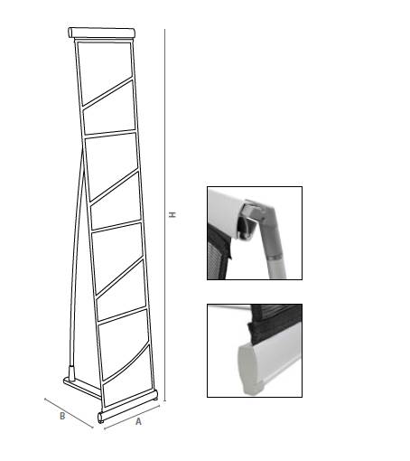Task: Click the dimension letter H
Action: click(x=172, y=214)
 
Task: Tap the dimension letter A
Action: click(x=138, y=421)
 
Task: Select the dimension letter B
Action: click(x=62, y=416)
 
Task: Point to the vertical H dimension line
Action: click(x=164, y=215)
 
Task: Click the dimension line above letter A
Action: click(x=132, y=417)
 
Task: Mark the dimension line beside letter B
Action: click(x=69, y=413)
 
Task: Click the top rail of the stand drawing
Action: click(x=101, y=33)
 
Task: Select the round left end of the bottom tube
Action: click(x=100, y=418)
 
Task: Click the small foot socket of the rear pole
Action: click(x=72, y=373)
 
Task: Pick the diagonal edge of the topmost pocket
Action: click(x=107, y=92)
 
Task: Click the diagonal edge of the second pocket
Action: click(x=115, y=185)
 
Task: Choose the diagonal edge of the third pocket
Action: click(x=119, y=276)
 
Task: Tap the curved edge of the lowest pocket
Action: click(x=126, y=363)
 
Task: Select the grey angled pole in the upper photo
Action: click(x=273, y=241)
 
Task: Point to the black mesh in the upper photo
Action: click(x=219, y=254)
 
